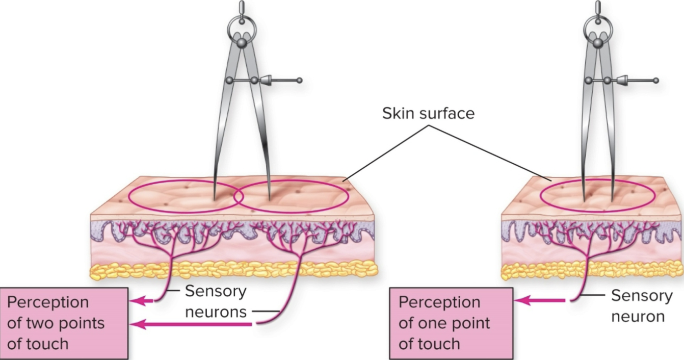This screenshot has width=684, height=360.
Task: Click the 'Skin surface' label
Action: tap(428, 113)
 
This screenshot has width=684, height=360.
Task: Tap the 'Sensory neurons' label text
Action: tap(216, 301)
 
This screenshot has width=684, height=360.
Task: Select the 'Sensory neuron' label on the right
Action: tap(642, 306)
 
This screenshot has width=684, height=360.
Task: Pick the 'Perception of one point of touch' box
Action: tap(451, 323)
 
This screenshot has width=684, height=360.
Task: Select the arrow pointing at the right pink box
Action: tap(540, 301)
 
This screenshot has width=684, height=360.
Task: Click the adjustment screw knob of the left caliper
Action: tap(299, 80)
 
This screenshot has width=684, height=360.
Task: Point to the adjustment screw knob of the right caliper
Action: tap(655, 80)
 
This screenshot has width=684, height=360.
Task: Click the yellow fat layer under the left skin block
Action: tap(234, 270)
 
